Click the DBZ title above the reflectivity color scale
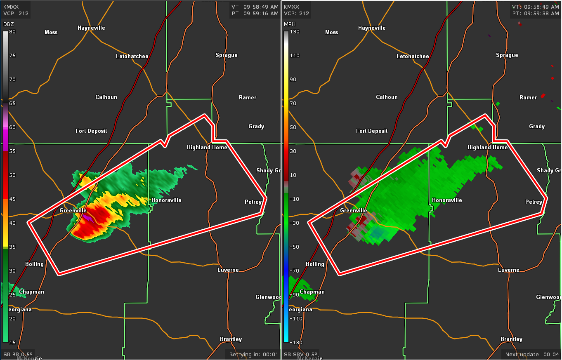pyautogui.click(x=8, y=24)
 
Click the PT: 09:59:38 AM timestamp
pyautogui.click(x=536, y=14)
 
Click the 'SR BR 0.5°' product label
pyautogui.click(x=18, y=354)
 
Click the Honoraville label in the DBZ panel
pyautogui.click(x=166, y=200)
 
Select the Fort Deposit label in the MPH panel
pyautogui.click(x=372, y=131)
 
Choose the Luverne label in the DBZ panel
pyautogui.click(x=228, y=270)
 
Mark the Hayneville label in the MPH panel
pyautogui.click(x=372, y=28)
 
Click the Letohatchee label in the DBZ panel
pyautogui.click(x=132, y=56)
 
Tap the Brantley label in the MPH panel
pyautogui.click(x=511, y=339)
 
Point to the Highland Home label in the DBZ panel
pyautogui.click(x=207, y=148)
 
